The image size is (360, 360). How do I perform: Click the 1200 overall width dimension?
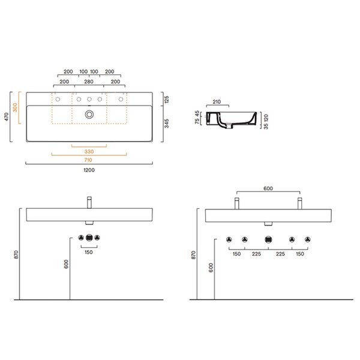(x=89, y=170)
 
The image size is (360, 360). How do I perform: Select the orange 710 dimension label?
(x=88, y=160)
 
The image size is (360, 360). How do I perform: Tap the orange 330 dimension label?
(x=89, y=152)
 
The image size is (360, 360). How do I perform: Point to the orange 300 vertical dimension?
(x=15, y=107)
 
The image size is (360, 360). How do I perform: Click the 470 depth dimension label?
(x=7, y=116)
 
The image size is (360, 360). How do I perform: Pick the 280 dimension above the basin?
(x=89, y=82)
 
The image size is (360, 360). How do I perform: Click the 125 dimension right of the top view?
(x=167, y=100)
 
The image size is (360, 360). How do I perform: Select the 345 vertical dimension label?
(x=167, y=123)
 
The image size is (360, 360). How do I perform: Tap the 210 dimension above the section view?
(x=217, y=102)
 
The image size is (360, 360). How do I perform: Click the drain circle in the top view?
(x=89, y=115)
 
